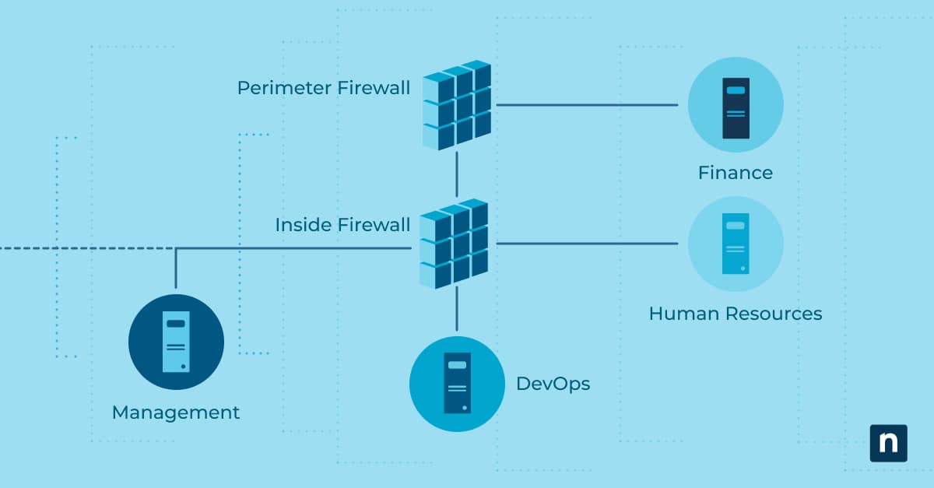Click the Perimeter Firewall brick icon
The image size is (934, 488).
pos(457,104)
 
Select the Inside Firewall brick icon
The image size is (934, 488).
pos(455,244)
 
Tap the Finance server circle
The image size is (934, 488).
pos(735,104)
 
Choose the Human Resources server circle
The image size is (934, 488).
pos(735,244)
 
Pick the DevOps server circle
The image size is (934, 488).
pos(457,383)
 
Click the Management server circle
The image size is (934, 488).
pos(176,342)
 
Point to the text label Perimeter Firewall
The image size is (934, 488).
pos(323,88)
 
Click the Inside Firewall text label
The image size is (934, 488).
pos(342,226)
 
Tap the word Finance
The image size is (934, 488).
pos(735,173)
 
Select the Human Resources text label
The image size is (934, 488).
pos(735,314)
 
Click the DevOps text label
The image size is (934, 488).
pos(553,384)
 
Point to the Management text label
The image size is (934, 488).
pos(176,413)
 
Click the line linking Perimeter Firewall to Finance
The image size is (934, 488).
pos(587,104)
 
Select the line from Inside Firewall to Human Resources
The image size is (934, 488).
pos(587,244)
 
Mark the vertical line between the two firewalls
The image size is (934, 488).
pos(457,174)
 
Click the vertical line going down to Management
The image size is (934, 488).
pos(176,269)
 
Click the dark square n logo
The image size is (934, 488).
pos(888,443)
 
